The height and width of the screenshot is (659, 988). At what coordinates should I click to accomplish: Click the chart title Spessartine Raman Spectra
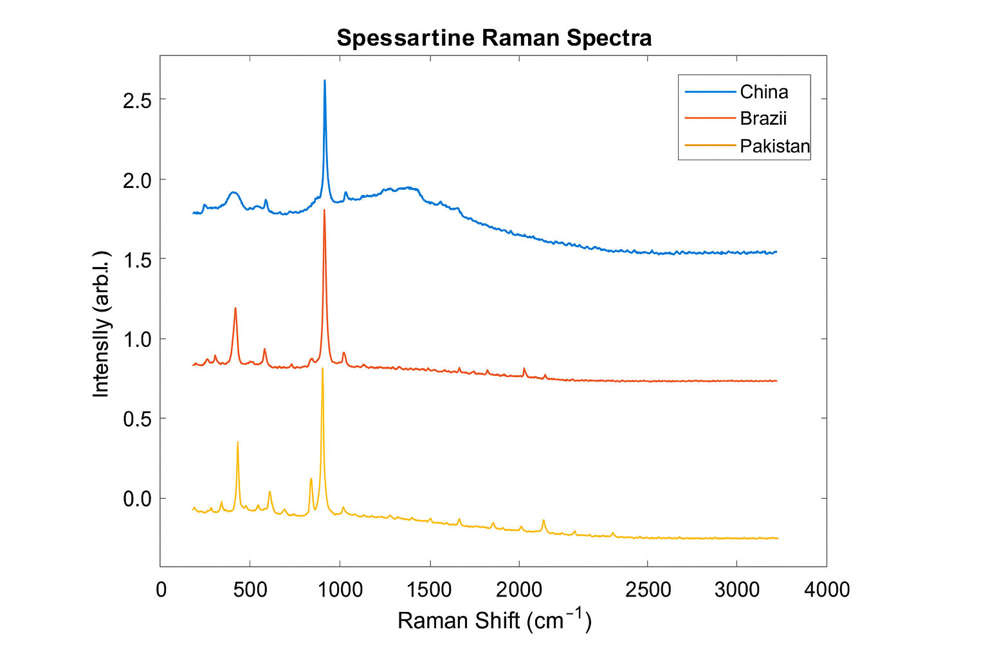(494, 38)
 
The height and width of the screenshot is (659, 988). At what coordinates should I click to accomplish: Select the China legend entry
(764, 92)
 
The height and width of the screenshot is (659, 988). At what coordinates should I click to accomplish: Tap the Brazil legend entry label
(763, 118)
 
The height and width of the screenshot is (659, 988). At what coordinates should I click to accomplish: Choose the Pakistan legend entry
(774, 146)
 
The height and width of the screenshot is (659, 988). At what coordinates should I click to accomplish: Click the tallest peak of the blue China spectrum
(325, 81)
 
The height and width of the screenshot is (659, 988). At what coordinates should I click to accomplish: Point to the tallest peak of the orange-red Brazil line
(324, 210)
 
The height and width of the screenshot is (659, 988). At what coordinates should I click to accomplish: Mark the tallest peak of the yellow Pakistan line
(322, 368)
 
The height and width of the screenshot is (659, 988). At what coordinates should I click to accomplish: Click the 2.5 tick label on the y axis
(136, 100)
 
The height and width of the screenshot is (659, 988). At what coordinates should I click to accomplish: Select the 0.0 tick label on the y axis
(136, 499)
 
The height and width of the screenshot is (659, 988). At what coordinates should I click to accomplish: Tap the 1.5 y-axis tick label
(136, 259)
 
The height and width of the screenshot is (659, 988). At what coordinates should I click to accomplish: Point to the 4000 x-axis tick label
(827, 589)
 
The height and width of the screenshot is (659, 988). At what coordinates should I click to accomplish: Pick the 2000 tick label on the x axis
(518, 589)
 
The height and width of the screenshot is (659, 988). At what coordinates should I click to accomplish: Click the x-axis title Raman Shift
(494, 620)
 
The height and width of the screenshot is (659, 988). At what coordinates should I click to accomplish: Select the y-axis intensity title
(102, 324)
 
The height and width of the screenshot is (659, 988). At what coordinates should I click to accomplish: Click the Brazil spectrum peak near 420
(235, 308)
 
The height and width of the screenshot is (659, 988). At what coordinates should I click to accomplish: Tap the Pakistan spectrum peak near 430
(237, 443)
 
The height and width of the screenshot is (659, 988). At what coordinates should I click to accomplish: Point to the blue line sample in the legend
(710, 92)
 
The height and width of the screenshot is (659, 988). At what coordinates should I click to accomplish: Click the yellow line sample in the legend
(710, 145)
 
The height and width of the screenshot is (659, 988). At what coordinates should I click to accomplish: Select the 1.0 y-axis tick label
(136, 339)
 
